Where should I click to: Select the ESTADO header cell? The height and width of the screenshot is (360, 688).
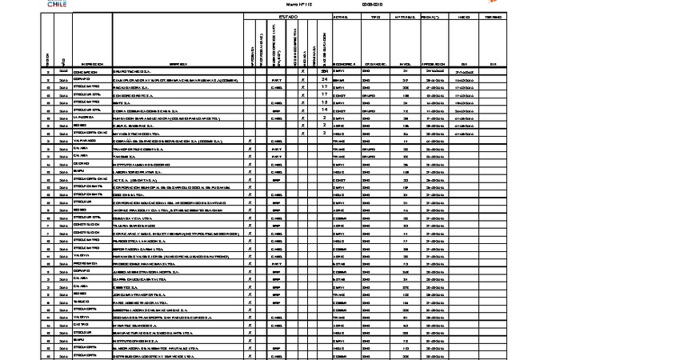point(288,16)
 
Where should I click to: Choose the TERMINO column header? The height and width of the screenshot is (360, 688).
point(494,16)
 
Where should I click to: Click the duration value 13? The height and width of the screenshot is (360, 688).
point(324,102)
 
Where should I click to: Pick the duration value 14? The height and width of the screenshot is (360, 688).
point(324,110)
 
